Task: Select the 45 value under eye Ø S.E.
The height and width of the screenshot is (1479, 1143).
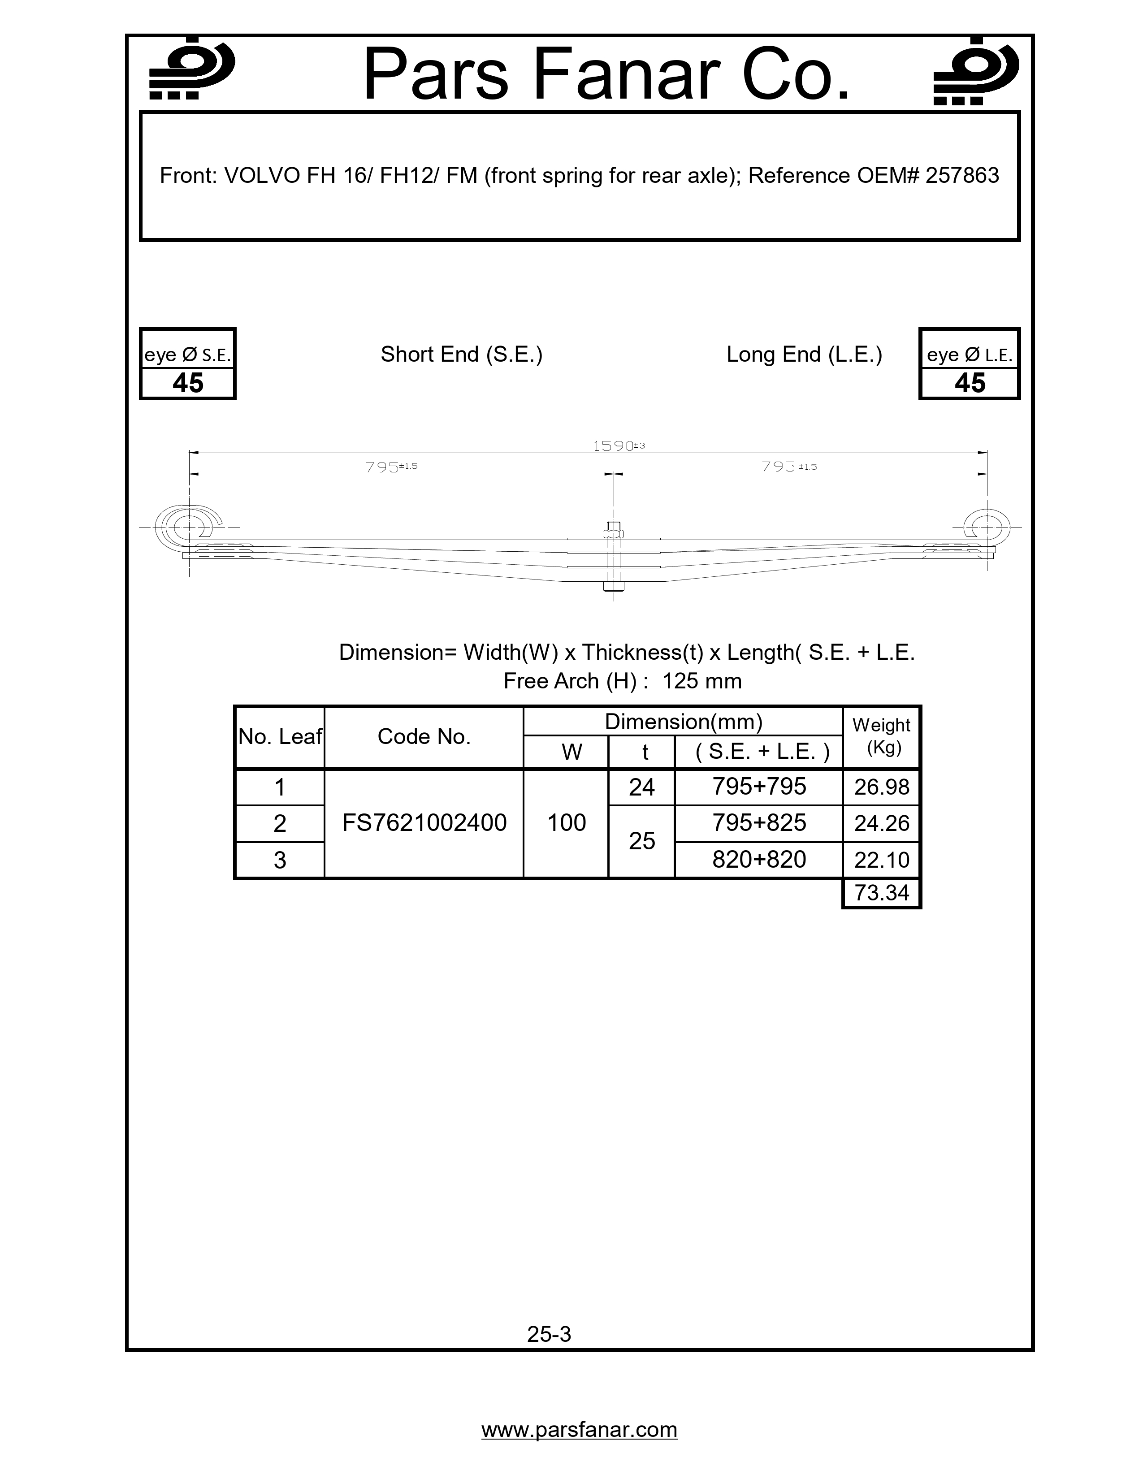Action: [187, 383]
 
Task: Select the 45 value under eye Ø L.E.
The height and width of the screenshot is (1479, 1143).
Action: [969, 383]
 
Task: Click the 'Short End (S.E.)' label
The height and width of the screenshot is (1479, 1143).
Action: [461, 354]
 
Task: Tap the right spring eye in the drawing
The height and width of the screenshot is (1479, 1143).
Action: [987, 526]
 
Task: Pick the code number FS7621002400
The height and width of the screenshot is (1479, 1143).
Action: [424, 823]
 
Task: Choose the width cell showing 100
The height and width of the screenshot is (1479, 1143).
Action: [566, 823]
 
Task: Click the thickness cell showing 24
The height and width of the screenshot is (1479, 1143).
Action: [641, 787]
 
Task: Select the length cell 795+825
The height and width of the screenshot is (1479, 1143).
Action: [758, 823]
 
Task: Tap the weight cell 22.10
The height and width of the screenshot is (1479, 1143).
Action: [881, 860]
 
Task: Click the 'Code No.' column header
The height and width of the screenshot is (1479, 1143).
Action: [424, 737]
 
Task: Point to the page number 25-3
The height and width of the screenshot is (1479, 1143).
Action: [549, 1334]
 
